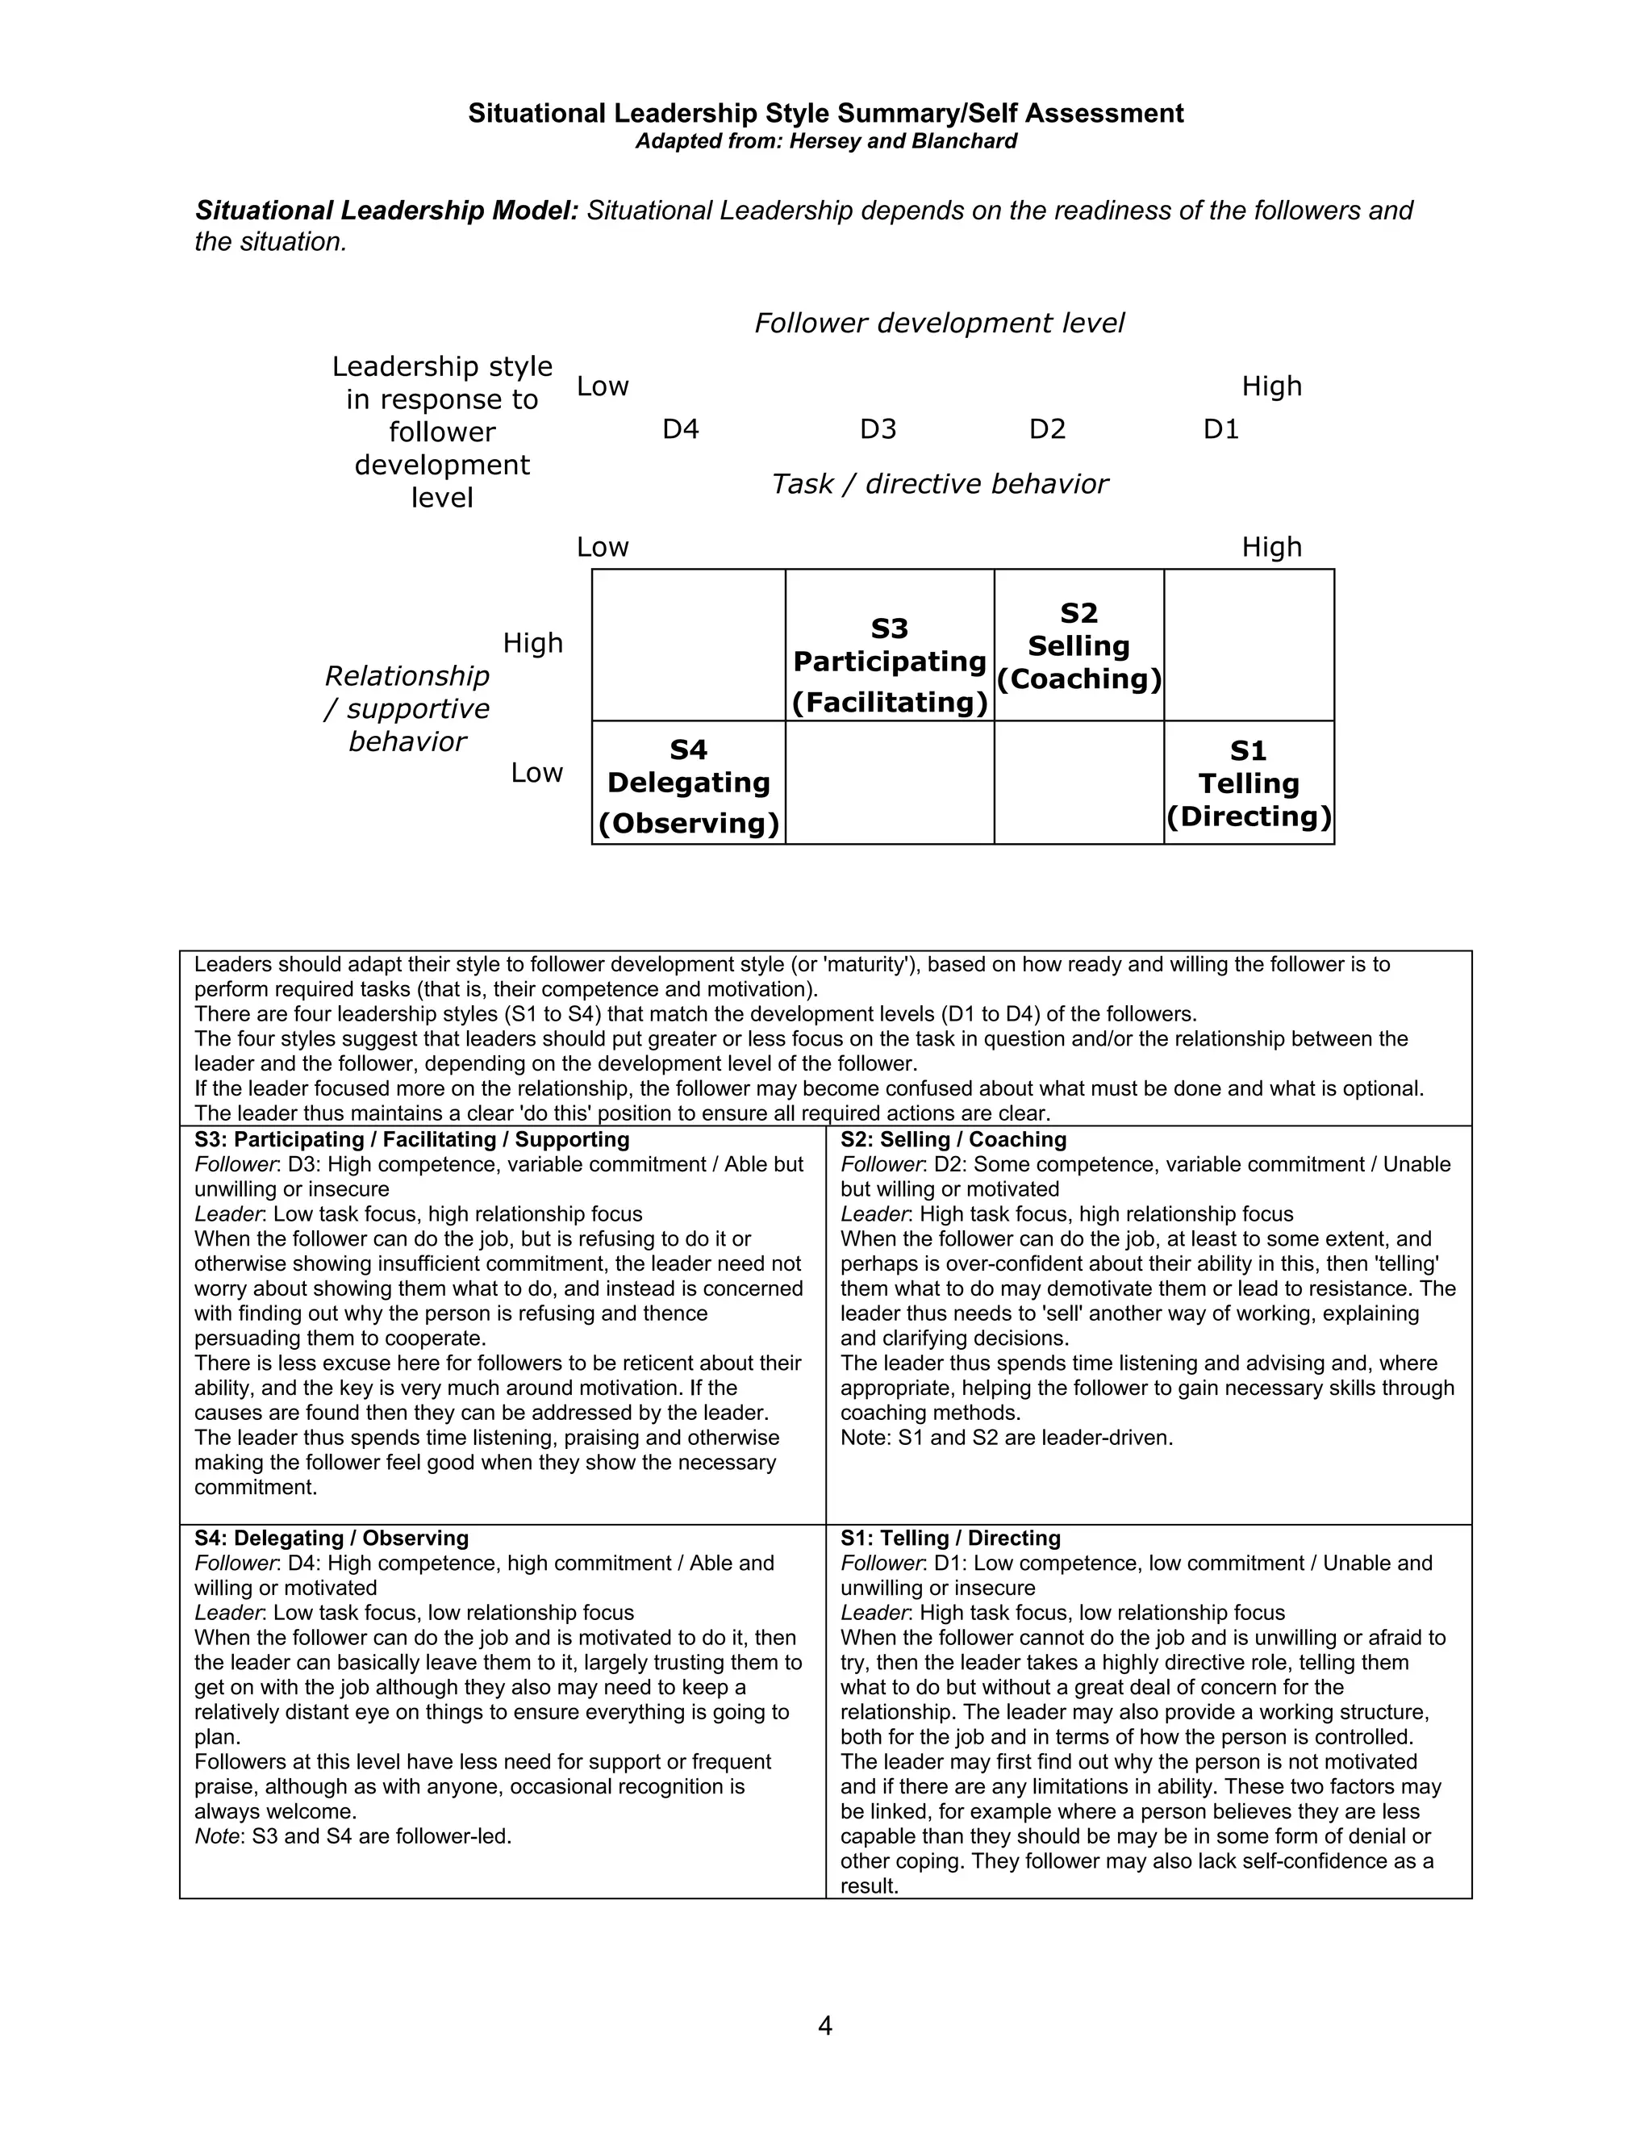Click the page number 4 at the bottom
pyautogui.click(x=825, y=2025)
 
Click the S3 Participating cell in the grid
pyautogui.click(x=890, y=665)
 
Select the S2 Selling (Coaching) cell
pyautogui.click(x=1078, y=646)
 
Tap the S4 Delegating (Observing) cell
pyautogui.click(x=688, y=784)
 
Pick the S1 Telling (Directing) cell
pyautogui.click(x=1249, y=784)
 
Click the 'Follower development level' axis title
pyautogui.click(x=939, y=323)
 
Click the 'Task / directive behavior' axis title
pyautogui.click(x=939, y=483)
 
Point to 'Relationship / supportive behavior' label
pyautogui.click(x=407, y=708)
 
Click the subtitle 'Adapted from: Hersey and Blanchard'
pyautogui.click(x=826, y=141)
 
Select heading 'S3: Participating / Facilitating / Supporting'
pyautogui.click(x=411, y=1139)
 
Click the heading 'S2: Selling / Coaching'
pyautogui.click(x=953, y=1139)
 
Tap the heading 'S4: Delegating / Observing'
pyautogui.click(x=331, y=1538)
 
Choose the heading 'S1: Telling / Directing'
pyautogui.click(x=949, y=1538)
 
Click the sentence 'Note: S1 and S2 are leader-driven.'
pyautogui.click(x=1006, y=1438)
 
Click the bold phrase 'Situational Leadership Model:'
pyautogui.click(x=386, y=211)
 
